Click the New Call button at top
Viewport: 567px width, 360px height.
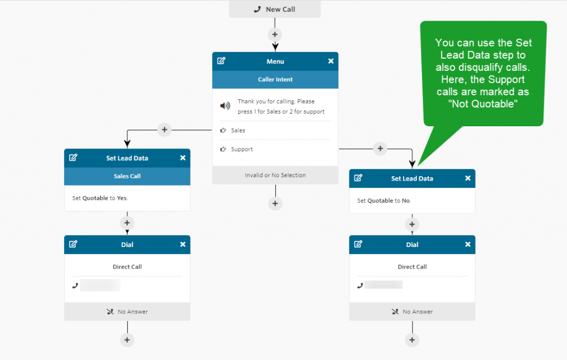[275, 9]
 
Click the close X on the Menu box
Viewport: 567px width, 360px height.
[331, 61]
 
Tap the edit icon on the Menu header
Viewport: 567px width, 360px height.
[221, 61]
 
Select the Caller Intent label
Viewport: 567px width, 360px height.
[275, 79]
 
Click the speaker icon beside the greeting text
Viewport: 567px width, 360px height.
[225, 106]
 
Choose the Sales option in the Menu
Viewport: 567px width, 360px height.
[238, 130]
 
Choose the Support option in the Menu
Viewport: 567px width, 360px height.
[241, 149]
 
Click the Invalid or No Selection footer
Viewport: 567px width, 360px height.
[275, 175]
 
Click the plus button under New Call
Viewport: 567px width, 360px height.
[275, 34]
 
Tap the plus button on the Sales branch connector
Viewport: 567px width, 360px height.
[164, 130]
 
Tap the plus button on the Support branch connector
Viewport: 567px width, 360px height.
[380, 148]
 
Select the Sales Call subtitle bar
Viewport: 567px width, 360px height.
[127, 176]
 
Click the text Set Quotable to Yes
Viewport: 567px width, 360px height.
[100, 198]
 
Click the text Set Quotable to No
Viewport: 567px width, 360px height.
[384, 200]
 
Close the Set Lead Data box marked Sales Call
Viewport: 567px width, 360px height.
[183, 158]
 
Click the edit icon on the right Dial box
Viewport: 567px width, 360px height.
[358, 244]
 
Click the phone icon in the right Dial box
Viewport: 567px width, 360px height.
[360, 285]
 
